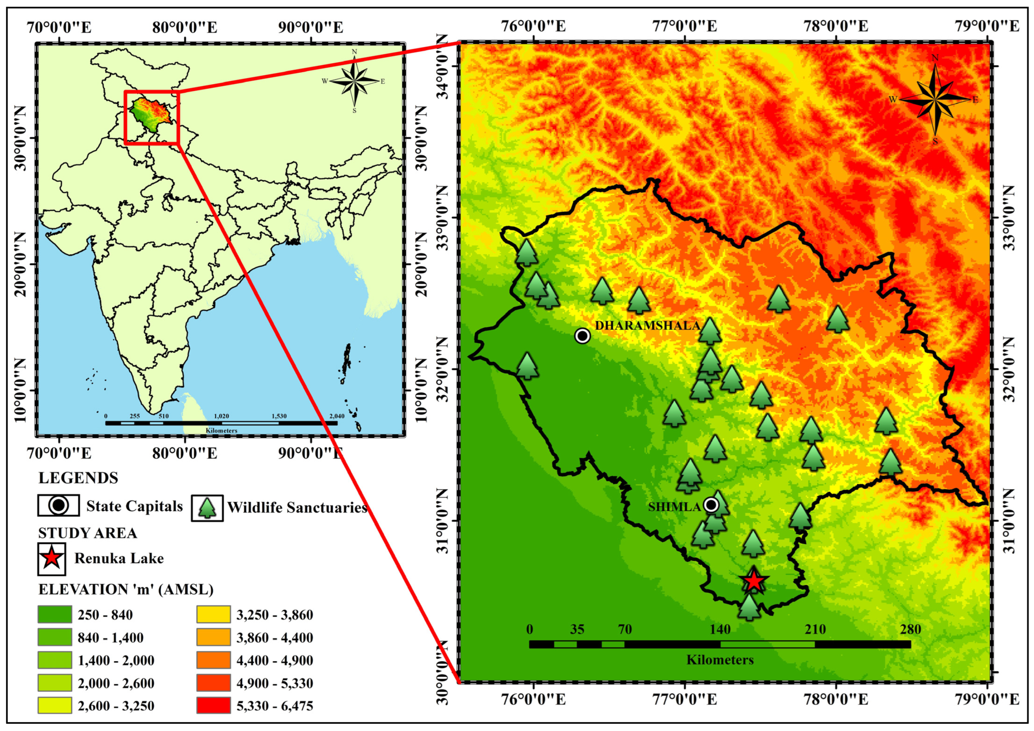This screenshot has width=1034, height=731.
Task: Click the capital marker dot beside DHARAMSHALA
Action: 582,335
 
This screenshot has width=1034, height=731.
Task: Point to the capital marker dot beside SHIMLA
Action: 711,505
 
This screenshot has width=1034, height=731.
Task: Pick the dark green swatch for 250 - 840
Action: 55,614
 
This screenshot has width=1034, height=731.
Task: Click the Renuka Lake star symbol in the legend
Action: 52,558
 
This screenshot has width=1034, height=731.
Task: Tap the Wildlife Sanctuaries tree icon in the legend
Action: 207,508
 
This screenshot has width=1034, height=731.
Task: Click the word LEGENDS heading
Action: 78,478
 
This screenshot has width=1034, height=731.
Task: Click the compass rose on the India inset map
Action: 354,81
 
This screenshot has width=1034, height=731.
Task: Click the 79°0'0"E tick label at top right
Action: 986,26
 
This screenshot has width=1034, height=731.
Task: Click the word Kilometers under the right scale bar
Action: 720,660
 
